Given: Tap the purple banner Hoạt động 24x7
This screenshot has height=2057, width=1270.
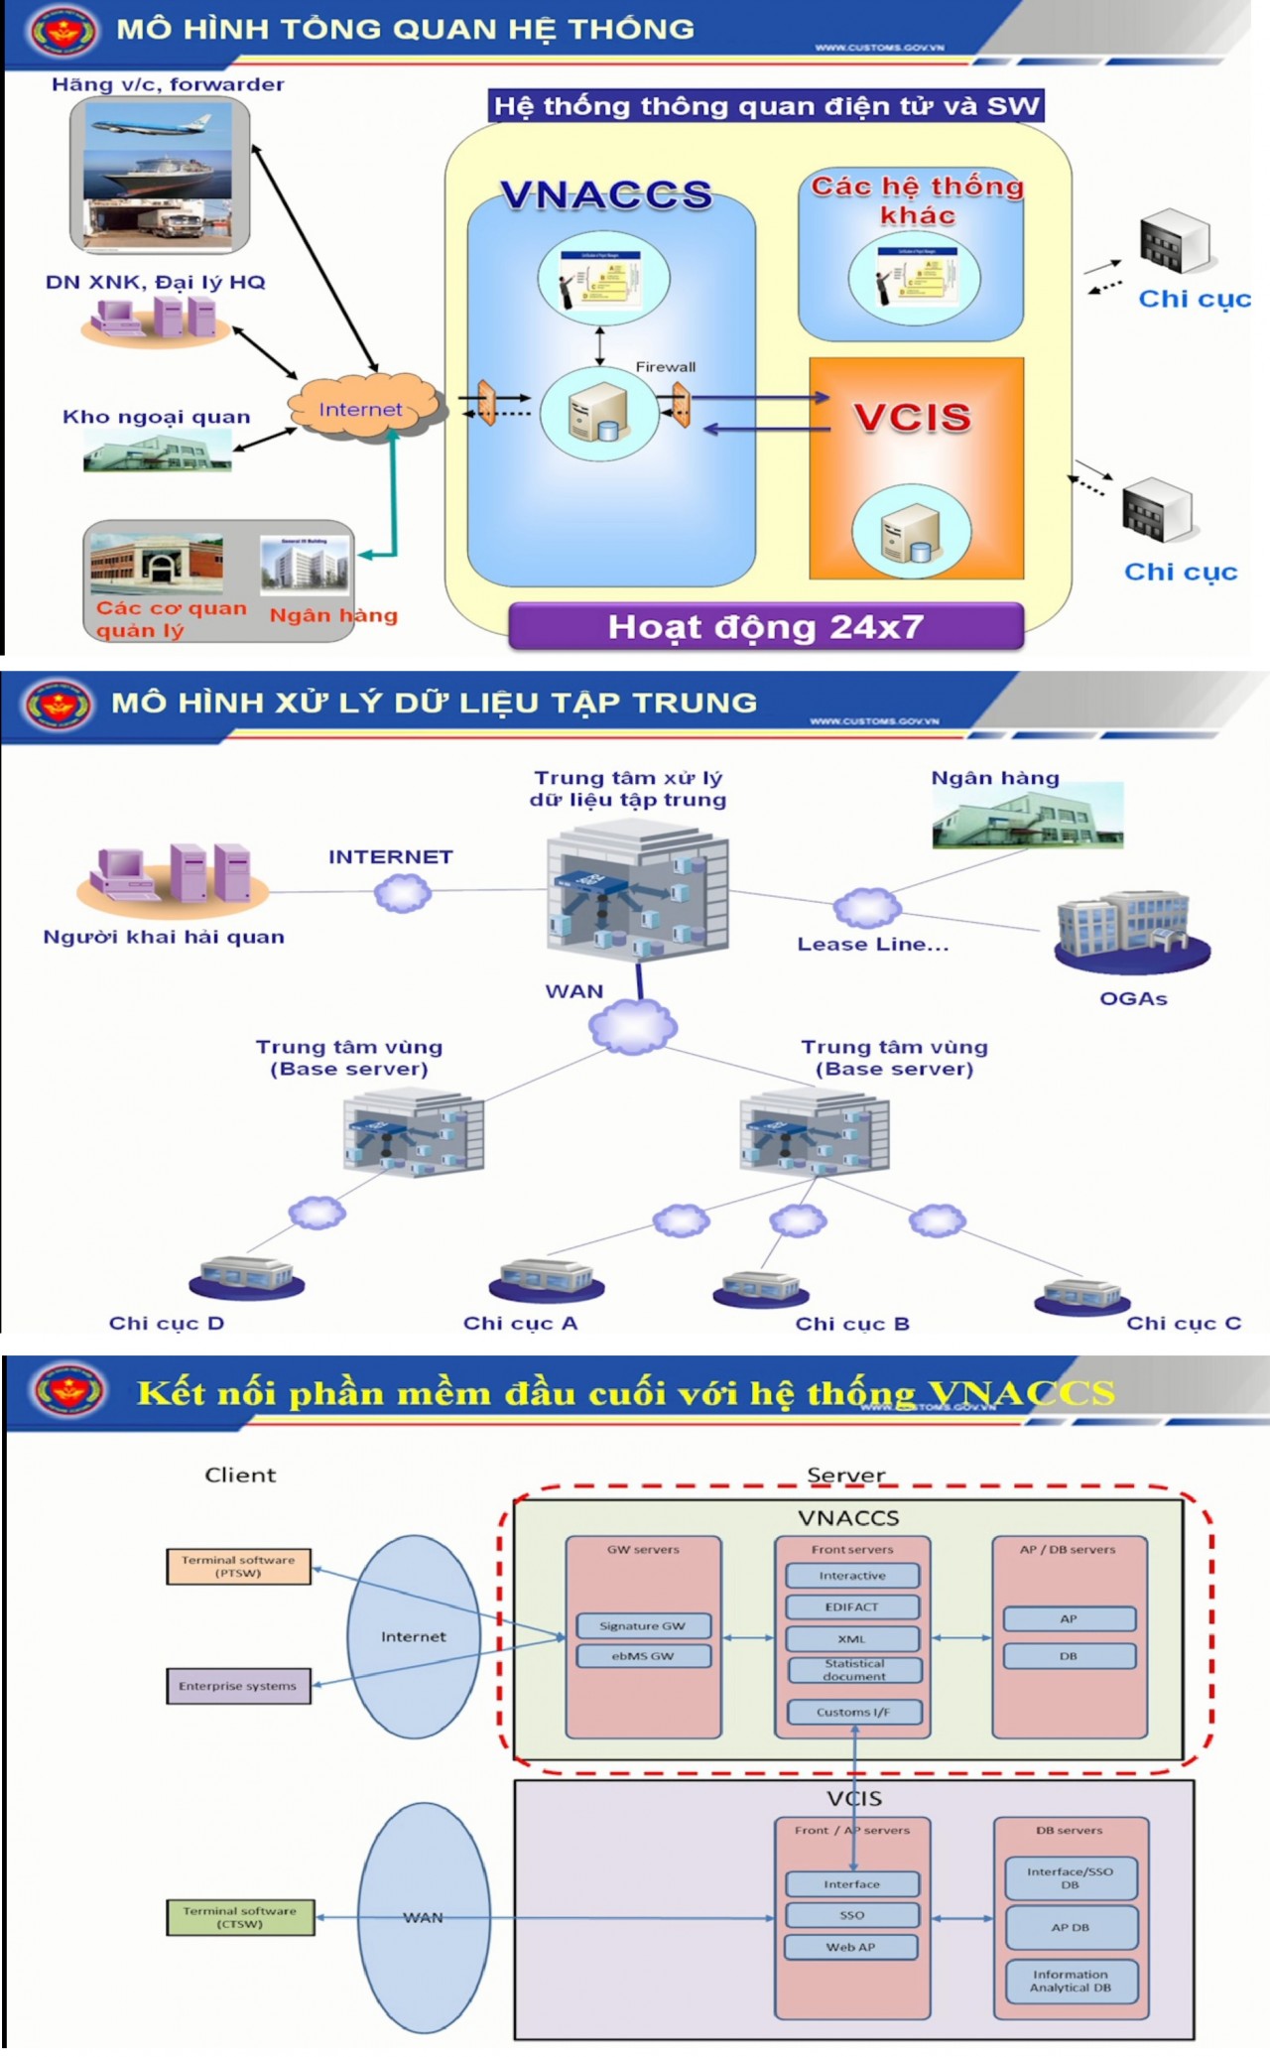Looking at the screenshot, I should [765, 627].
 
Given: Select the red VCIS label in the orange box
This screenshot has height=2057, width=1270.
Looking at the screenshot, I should [912, 417].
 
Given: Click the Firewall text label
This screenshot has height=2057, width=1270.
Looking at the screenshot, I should [665, 366].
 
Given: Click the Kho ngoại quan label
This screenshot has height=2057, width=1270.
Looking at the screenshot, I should [156, 417].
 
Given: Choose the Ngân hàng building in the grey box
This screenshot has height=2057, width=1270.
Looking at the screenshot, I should [306, 564].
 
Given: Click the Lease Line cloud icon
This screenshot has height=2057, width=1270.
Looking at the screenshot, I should [866, 907].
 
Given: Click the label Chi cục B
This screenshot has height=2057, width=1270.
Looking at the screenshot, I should [852, 1324].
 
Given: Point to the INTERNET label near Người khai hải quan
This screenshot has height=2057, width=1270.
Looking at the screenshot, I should [390, 856].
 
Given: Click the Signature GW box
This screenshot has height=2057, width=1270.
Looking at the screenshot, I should [643, 1625].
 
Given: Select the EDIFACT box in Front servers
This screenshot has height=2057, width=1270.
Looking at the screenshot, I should [852, 1607].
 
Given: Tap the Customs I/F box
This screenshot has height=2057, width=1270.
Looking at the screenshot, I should [853, 1712].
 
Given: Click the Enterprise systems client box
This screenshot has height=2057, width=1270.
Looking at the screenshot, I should [238, 1685].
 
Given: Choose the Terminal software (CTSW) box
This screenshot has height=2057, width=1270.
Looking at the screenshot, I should [239, 1917].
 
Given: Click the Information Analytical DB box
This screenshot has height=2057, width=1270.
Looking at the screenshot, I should [1071, 1981].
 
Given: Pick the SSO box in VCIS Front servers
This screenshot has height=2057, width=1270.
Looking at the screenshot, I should [852, 1915].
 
